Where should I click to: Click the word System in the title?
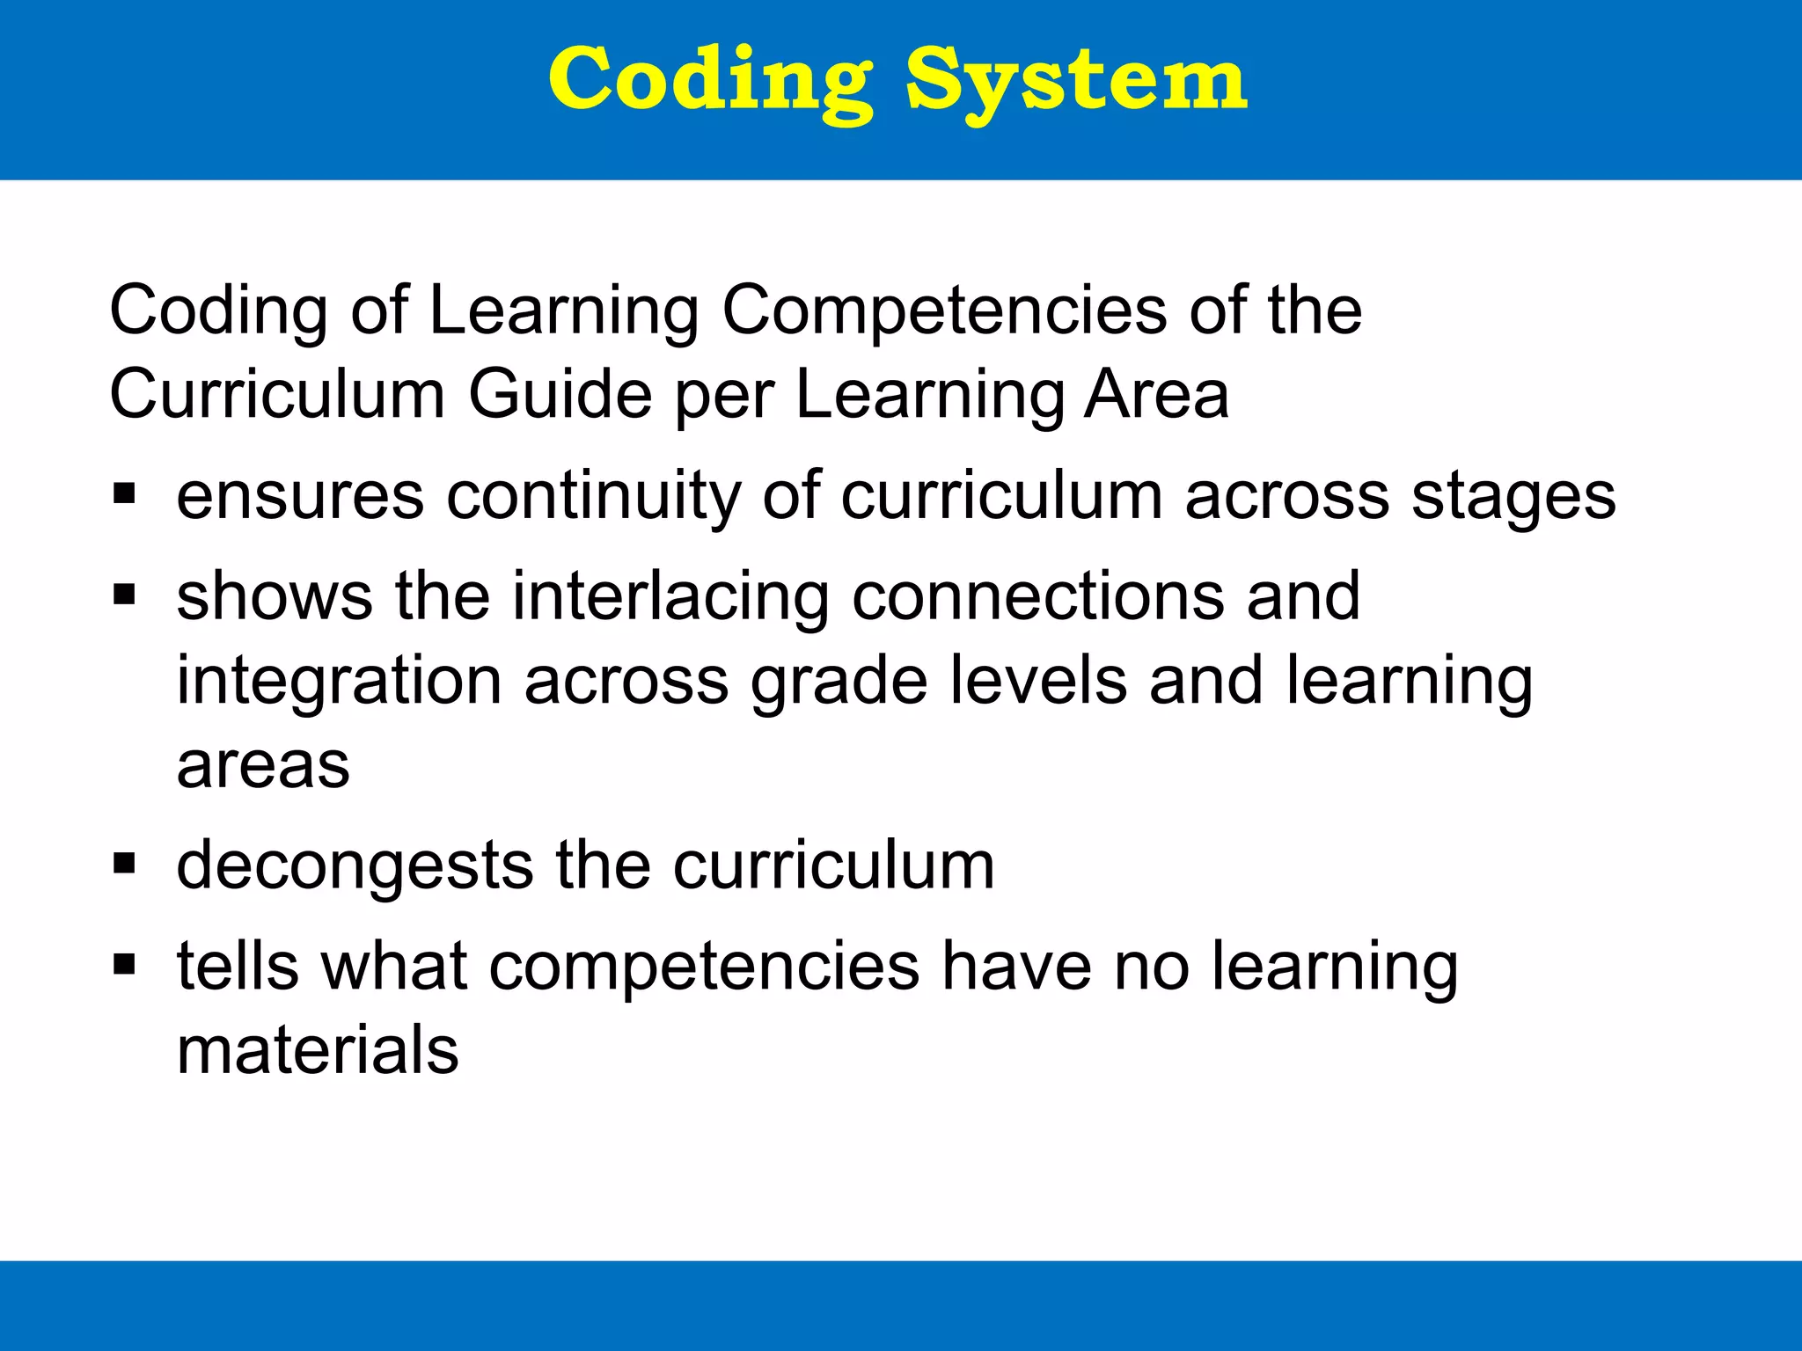tap(1075, 81)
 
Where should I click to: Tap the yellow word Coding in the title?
tap(711, 81)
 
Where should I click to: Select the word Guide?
tap(560, 394)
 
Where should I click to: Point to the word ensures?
tap(300, 496)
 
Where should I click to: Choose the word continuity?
tap(594, 496)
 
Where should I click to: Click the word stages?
tap(1513, 498)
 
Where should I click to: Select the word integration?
tap(339, 683)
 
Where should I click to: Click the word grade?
tap(839, 683)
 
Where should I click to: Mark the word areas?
tap(263, 765)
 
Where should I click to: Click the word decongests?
tap(355, 867)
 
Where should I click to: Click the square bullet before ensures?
tap(124, 494)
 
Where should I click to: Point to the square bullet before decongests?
tap(124, 865)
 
